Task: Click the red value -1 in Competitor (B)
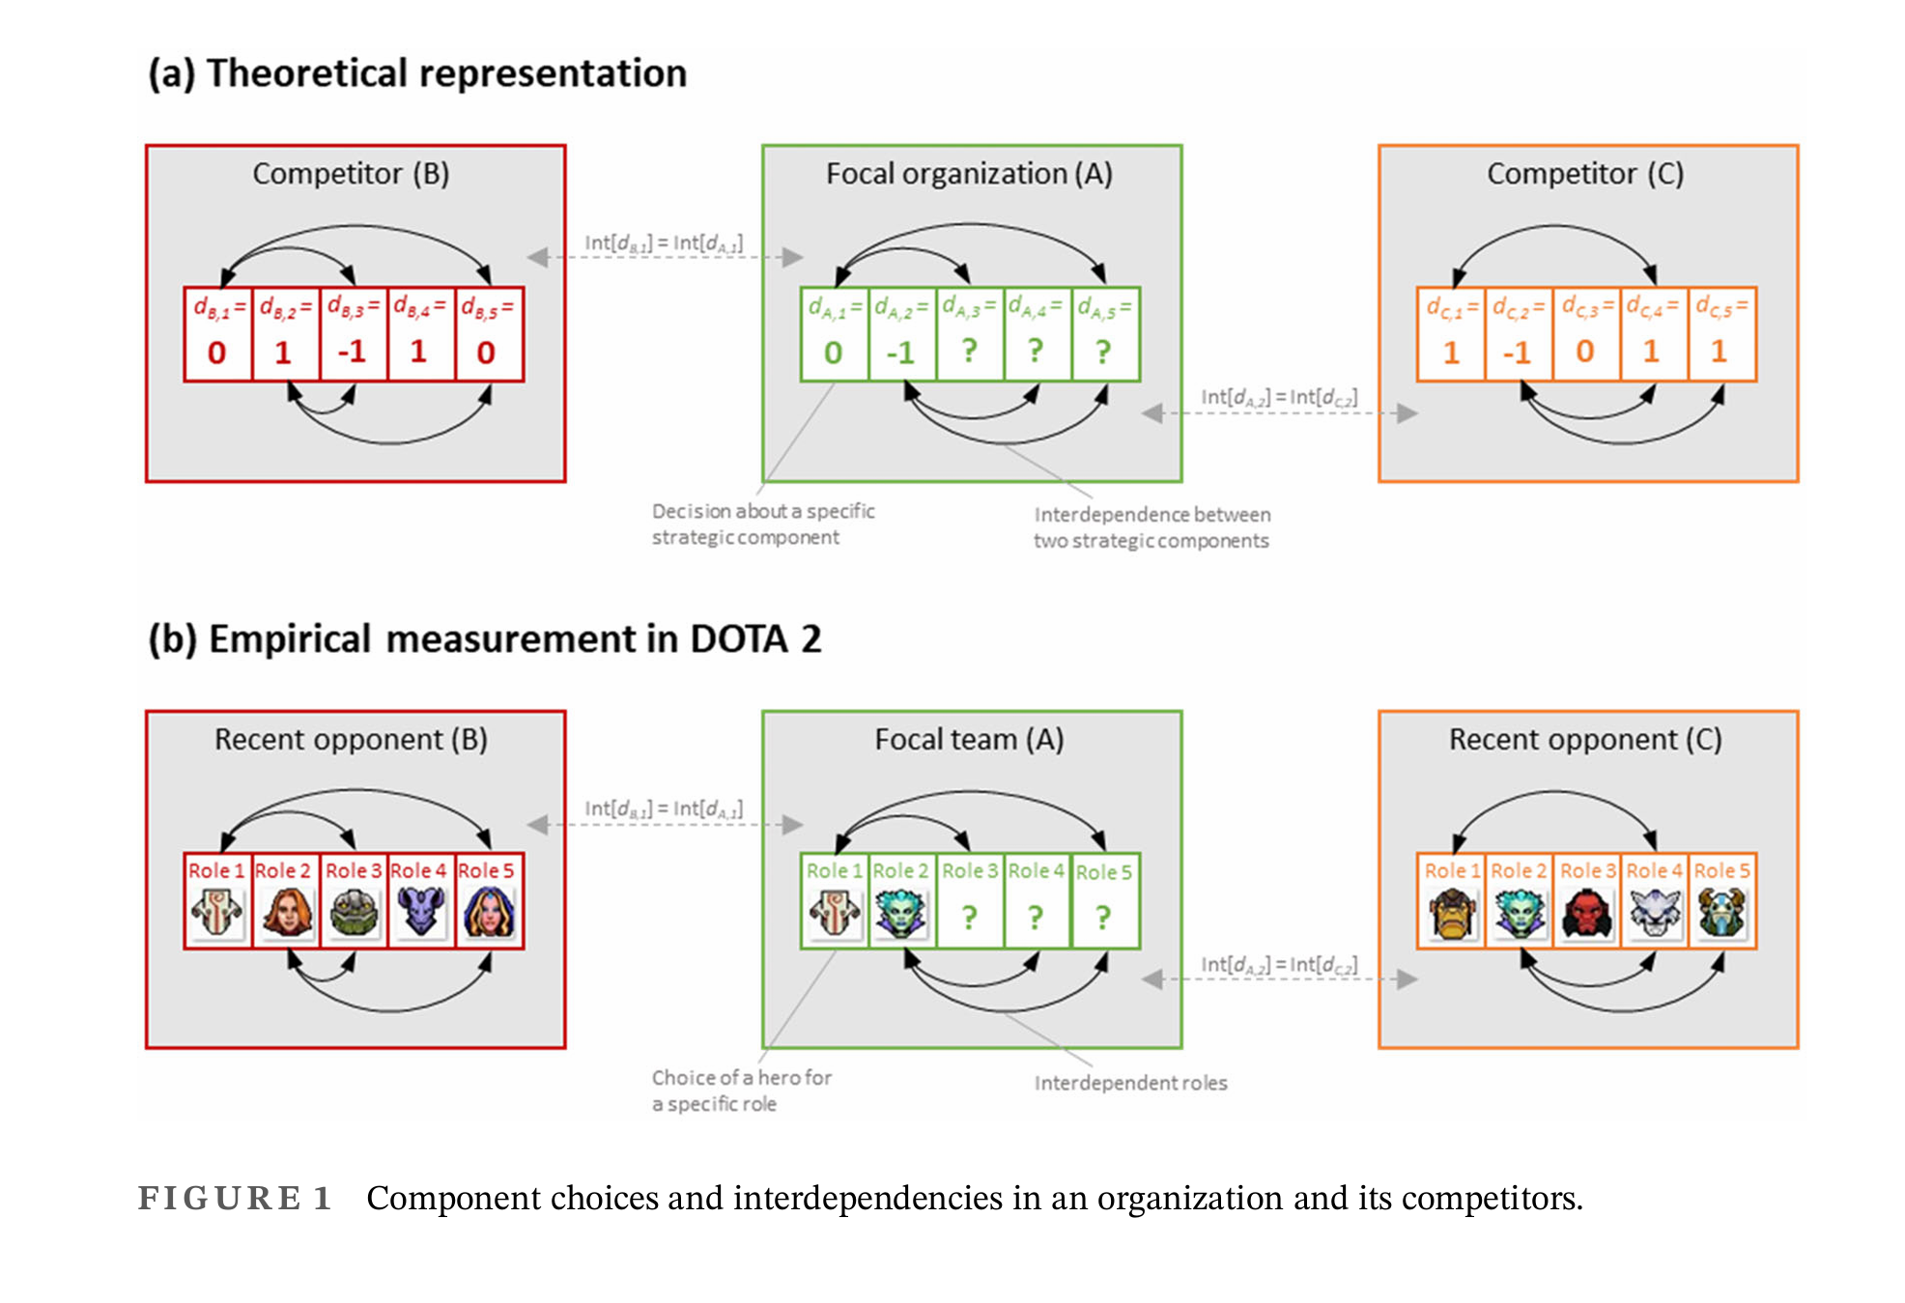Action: click(353, 352)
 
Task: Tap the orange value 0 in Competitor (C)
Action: click(1585, 352)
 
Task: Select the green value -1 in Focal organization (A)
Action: click(900, 353)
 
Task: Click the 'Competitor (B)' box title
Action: click(351, 174)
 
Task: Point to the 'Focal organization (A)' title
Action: click(969, 174)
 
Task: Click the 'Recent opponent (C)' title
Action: click(1585, 740)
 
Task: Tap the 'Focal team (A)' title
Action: click(969, 740)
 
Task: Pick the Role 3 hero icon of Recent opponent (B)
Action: click(354, 913)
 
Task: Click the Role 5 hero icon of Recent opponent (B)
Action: click(489, 913)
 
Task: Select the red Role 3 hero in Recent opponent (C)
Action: click(1587, 913)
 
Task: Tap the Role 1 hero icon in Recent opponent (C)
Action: click(1452, 913)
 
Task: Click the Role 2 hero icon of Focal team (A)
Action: click(900, 914)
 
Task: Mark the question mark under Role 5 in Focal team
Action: click(1103, 917)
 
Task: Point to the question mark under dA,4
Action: click(1036, 351)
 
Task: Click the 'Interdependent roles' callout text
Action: click(1130, 1084)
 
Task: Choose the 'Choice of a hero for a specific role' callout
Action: click(741, 1091)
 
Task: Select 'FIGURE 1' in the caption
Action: click(235, 1199)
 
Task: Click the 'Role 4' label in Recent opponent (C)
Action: click(1654, 870)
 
